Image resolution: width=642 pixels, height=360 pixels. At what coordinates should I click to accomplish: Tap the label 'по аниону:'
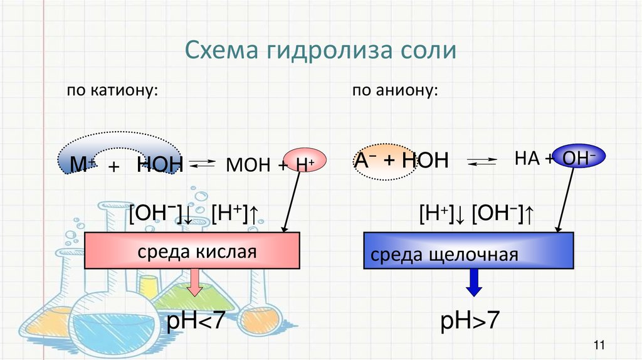click(x=394, y=92)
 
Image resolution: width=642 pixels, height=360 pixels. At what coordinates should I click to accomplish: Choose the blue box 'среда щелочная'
click(x=469, y=250)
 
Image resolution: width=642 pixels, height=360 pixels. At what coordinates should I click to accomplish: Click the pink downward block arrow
click(x=195, y=282)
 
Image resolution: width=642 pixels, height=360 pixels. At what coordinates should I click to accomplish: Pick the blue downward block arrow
click(x=475, y=282)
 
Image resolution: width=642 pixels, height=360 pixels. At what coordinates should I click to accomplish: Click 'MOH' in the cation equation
click(x=247, y=165)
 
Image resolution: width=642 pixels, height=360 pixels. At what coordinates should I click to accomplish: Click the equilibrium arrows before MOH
click(x=202, y=165)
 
